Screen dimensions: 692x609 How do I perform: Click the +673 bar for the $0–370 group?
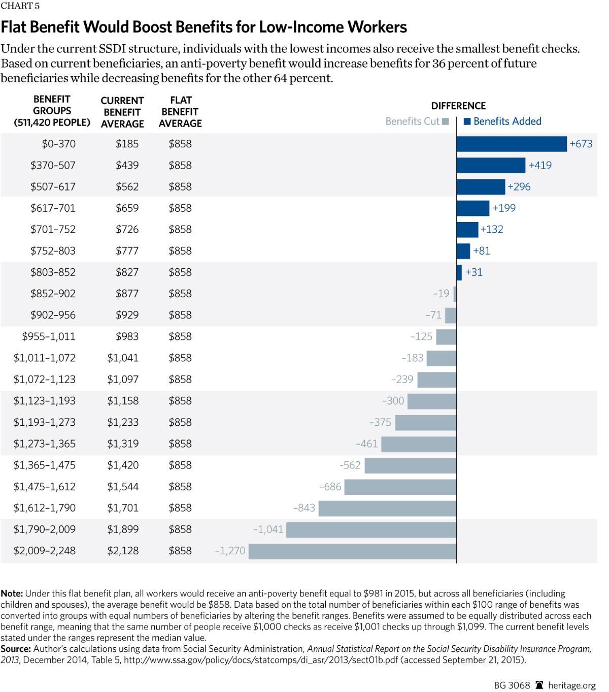tap(512, 144)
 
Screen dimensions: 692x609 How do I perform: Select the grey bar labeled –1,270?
tap(353, 551)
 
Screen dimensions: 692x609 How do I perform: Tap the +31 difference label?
tap(474, 272)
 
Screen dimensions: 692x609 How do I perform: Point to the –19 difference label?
tap(441, 294)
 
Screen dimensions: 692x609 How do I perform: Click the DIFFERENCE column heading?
tap(458, 106)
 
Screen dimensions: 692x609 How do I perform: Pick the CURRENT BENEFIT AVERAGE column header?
tap(122, 112)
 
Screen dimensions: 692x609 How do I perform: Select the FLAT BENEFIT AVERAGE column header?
tap(180, 112)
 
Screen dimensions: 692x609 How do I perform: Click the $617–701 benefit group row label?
tap(53, 208)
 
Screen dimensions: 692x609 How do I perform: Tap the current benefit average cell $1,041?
tap(122, 358)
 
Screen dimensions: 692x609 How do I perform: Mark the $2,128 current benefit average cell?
tap(122, 551)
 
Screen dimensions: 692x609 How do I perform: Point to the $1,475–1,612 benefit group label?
tap(45, 487)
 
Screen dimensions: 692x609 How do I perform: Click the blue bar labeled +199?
tap(473, 208)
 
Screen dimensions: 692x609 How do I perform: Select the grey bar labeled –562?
tap(411, 466)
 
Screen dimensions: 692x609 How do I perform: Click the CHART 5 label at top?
tap(20, 6)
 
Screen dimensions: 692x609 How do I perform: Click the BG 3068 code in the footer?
tap(512, 685)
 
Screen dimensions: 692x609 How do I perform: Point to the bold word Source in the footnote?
tap(16, 649)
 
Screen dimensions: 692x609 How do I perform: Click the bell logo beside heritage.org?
tap(539, 685)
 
